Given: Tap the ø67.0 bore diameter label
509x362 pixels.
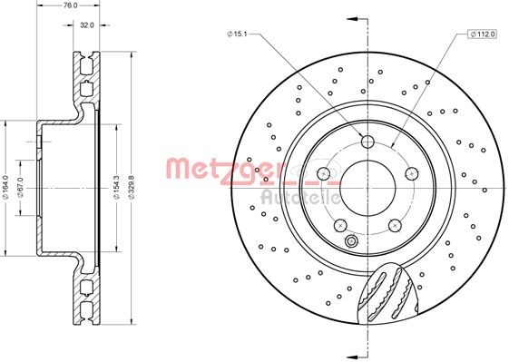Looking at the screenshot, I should click(x=19, y=187).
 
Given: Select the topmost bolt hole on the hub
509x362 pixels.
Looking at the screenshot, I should click(x=367, y=141).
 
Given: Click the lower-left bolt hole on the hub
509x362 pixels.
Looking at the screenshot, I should click(x=340, y=223).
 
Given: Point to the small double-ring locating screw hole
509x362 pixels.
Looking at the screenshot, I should click(x=352, y=241).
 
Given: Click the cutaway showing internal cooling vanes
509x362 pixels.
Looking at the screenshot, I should click(x=385, y=290).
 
